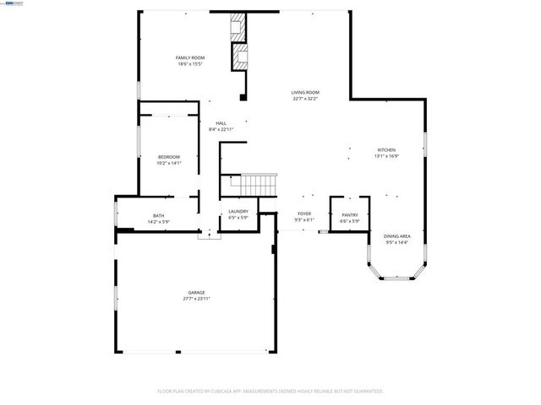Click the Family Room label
(189, 57)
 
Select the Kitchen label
(385, 150)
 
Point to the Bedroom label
(169, 157)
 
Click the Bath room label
(158, 215)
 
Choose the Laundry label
(238, 211)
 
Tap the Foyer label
(303, 213)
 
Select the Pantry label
(349, 215)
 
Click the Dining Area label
(396, 236)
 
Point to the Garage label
(196, 292)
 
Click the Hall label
(221, 123)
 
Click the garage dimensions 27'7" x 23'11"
(196, 299)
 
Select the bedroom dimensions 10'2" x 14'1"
(169, 164)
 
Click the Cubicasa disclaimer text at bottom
(270, 391)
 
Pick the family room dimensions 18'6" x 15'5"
(189, 64)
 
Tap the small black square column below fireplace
(243, 98)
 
